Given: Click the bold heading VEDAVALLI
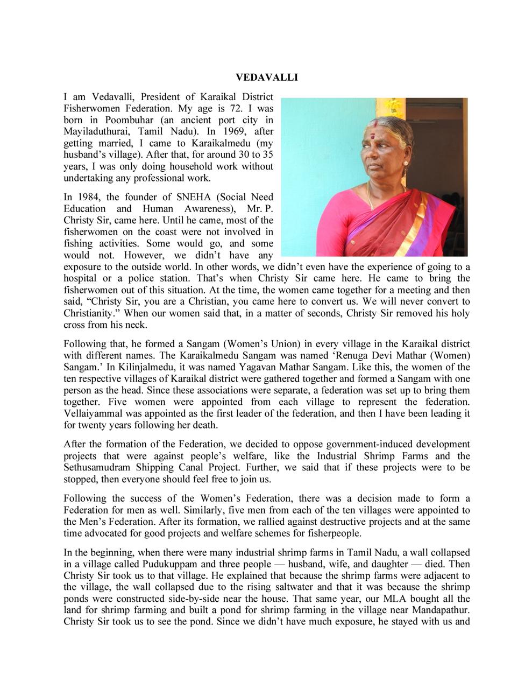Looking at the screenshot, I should pos(267,78).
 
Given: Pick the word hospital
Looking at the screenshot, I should pos(81,279).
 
